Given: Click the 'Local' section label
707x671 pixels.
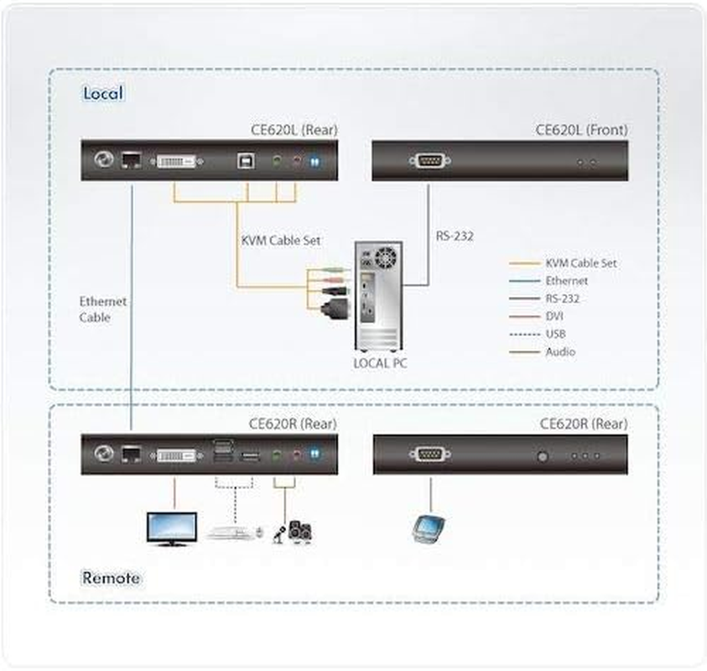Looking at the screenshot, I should pos(102,92).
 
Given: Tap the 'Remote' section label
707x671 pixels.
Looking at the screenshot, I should pos(111,578).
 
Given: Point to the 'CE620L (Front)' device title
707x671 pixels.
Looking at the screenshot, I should pos(581,130).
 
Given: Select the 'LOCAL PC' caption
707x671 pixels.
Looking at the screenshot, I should pos(380,362).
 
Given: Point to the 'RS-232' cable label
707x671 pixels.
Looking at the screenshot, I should pos(454,237).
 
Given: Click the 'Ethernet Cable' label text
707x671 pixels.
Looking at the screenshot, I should pos(102,309).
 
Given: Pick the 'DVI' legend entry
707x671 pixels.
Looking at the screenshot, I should pos(554,316).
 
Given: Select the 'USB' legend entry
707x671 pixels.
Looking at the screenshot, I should pos(555,334).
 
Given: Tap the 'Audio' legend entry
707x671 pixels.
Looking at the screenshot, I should pos(560,352).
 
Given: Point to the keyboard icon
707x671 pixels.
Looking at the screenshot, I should pos(231,532).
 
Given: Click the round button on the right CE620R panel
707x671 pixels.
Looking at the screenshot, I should pos(543,456).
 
